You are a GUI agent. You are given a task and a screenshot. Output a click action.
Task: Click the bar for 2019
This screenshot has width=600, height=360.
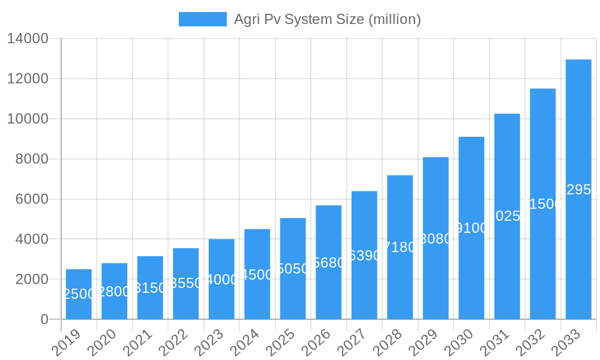click(79, 294)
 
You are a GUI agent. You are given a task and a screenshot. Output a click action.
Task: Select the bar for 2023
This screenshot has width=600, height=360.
click(221, 279)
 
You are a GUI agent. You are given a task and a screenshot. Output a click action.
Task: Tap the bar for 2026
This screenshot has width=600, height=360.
click(329, 262)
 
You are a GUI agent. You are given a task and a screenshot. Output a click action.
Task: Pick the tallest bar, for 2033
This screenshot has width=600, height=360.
click(578, 189)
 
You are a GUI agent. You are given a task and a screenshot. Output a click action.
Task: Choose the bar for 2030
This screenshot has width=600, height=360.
click(472, 228)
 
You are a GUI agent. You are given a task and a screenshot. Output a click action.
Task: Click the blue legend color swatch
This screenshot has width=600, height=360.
click(203, 19)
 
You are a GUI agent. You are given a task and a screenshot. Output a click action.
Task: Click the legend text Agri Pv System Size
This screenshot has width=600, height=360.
click(327, 19)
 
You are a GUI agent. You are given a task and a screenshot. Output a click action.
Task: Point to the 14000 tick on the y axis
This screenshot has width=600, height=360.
click(28, 39)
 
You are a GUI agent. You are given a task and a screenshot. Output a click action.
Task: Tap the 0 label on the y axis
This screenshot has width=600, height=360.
click(44, 320)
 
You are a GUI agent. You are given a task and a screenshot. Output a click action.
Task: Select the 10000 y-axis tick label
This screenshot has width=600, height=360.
click(28, 119)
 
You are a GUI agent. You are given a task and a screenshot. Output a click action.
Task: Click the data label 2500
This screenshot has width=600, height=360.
click(79, 294)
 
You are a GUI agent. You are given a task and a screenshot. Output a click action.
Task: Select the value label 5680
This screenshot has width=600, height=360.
click(329, 263)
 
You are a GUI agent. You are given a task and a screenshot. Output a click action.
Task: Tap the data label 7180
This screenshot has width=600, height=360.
click(400, 247)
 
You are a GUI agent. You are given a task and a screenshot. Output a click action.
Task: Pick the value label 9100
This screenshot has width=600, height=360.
click(472, 228)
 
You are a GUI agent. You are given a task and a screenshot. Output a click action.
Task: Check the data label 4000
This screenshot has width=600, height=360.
click(221, 280)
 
